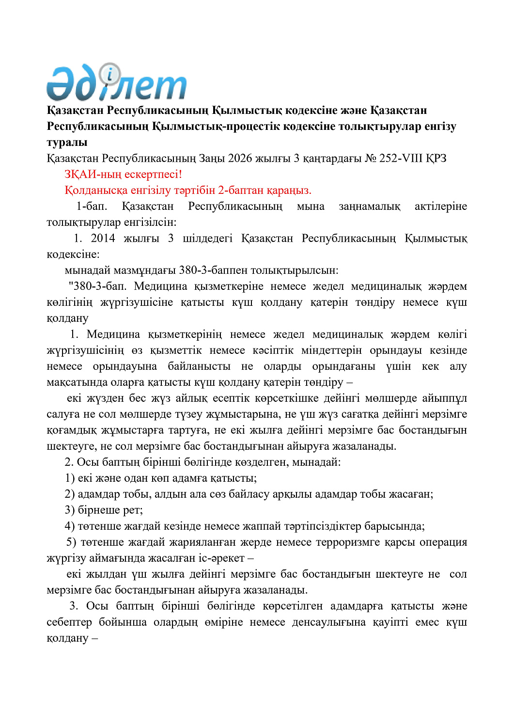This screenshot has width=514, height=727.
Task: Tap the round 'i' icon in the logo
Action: [110, 74]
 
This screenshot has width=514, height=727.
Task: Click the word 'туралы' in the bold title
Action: [67, 142]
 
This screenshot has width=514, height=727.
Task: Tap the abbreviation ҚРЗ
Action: [436, 158]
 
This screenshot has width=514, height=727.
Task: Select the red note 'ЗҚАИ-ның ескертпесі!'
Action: [123, 174]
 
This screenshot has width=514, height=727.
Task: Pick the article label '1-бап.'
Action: [92, 206]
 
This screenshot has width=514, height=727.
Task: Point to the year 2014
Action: [103, 238]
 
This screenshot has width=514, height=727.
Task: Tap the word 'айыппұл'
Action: [444, 398]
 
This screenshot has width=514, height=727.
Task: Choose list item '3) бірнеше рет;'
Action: [104, 510]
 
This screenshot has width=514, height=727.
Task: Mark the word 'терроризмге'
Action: [347, 542]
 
